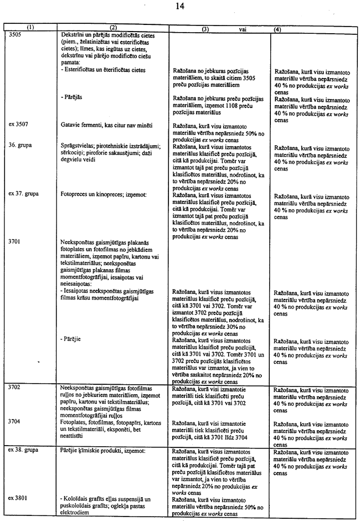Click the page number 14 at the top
pos(180,6)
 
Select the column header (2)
pos(113,27)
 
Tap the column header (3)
pos(204,28)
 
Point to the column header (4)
pos(279,28)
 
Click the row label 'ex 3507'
pos(18,125)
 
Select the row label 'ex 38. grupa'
pos(23,450)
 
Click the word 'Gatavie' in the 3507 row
pos(70,125)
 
